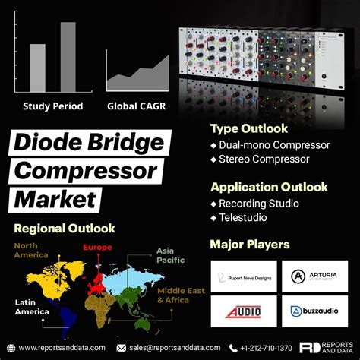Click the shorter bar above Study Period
(x=37, y=65)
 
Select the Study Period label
(x=52, y=106)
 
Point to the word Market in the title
(x=55, y=198)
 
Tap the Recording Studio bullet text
(x=259, y=204)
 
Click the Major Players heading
(x=249, y=245)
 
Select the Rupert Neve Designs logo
(x=242, y=276)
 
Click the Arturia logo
(x=314, y=276)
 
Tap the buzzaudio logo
(x=314, y=311)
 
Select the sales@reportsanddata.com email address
(x=174, y=347)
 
